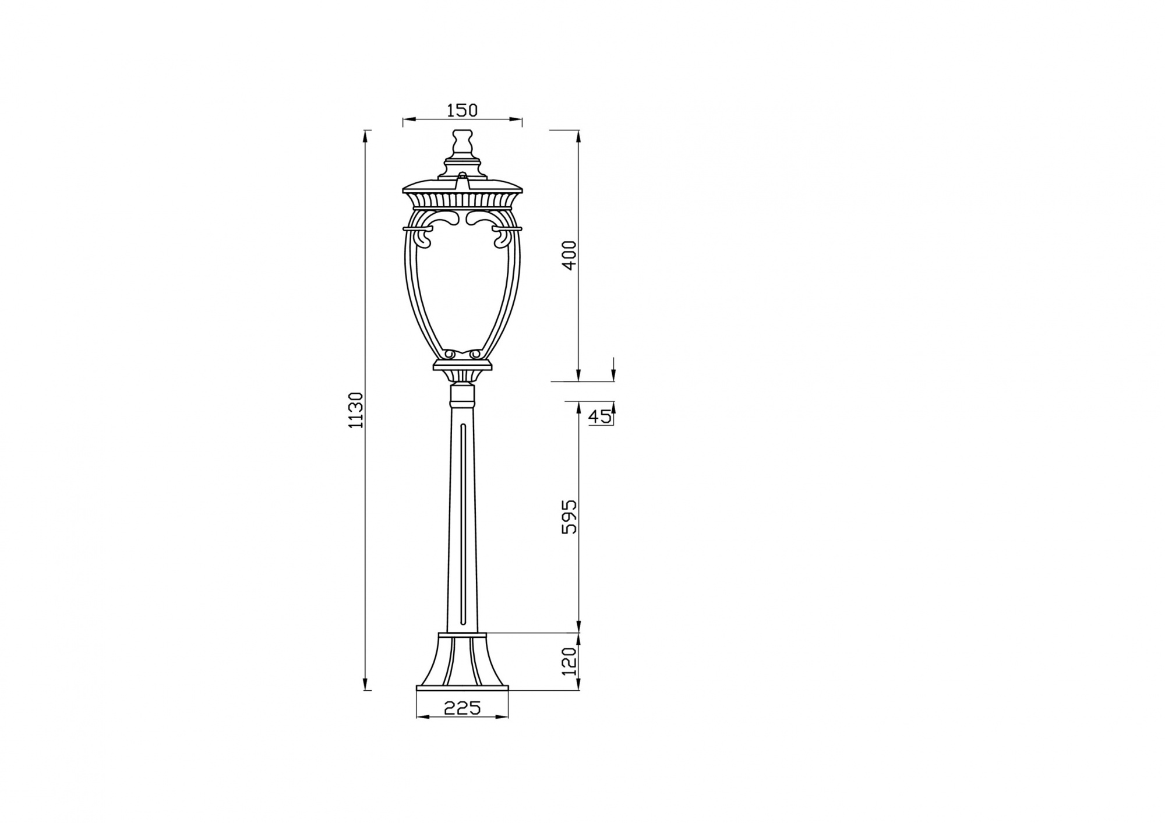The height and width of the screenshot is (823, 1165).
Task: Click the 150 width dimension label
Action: coord(462,110)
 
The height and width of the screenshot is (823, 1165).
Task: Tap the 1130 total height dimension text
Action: coord(356,410)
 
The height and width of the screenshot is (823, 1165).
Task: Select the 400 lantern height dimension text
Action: coord(569,255)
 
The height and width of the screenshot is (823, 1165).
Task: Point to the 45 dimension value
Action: coord(599,416)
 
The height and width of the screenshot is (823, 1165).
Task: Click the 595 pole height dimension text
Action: coord(569,517)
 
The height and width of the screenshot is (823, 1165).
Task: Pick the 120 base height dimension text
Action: coord(570,661)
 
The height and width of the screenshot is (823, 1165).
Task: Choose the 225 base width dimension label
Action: coord(463,708)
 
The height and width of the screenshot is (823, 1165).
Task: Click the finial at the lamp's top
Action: coord(462,143)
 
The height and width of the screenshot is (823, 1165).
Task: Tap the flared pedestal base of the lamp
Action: coord(462,664)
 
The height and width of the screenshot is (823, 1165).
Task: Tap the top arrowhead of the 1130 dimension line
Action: coord(366,135)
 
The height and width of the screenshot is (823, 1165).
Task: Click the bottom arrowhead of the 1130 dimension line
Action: coord(366,685)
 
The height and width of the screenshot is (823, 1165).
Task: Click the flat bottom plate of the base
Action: coord(463,688)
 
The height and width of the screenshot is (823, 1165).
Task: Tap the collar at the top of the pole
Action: coord(463,397)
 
